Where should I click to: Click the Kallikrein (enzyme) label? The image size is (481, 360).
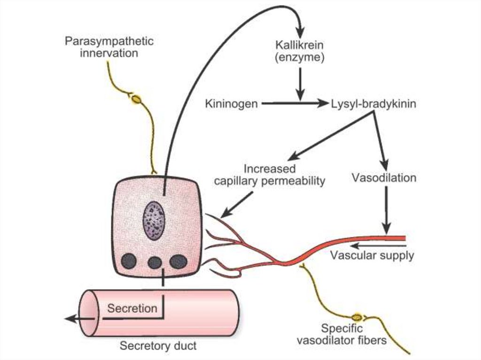pos(300,52)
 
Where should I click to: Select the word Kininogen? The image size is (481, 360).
pos(231,103)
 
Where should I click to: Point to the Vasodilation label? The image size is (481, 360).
pos(384,178)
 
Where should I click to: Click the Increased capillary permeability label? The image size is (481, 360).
pos(270,175)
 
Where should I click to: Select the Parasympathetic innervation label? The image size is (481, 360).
pos(109,47)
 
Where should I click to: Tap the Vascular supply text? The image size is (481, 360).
pos(372,255)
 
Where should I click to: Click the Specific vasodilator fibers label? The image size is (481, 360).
pos(341,334)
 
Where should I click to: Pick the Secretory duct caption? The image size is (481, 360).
pos(158,346)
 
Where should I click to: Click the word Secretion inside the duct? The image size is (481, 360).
pos(132,308)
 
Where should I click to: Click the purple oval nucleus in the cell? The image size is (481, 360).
pos(154,220)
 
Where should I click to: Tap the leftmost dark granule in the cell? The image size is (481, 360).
pos(129,261)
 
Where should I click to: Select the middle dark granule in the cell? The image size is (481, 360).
pos(154,262)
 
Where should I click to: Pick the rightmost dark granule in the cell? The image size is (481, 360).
pos(178,261)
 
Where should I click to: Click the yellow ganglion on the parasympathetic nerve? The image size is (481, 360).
pos(136,99)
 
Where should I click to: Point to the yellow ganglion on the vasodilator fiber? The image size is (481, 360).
pos(358,318)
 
